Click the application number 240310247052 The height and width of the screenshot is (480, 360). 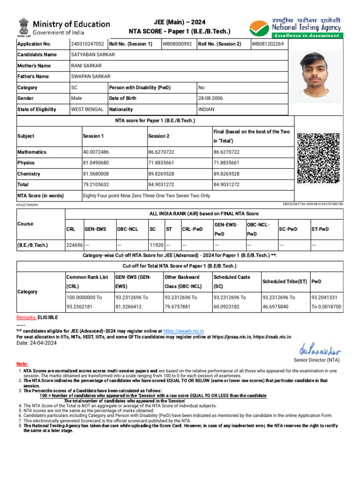88,44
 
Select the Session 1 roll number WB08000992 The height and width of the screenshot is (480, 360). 177,44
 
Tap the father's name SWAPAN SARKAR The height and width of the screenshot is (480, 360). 90,76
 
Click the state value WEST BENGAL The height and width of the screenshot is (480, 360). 87,109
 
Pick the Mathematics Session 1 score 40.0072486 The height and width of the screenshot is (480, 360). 96,152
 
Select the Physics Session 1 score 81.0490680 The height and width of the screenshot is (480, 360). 96,163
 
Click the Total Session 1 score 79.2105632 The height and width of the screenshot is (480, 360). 96,185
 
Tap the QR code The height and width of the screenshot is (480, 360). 319,158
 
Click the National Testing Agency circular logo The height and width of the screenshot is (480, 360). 259,29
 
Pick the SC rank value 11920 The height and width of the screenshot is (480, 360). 156,245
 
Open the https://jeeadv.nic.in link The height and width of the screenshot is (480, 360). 184,331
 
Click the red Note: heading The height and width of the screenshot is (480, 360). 22,364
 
